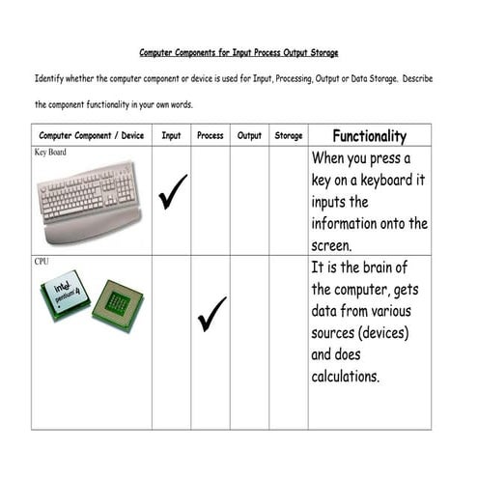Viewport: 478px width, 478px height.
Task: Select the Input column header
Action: [171, 136]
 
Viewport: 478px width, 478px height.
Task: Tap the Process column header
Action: [210, 136]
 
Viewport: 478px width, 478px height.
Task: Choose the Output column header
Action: [249, 136]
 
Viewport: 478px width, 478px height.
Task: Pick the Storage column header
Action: [288, 136]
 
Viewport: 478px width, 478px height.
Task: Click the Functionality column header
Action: [369, 136]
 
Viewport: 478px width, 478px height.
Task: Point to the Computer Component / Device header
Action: [92, 136]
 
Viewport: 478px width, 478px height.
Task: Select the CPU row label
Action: [42, 261]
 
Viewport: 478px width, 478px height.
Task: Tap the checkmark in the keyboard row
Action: [172, 192]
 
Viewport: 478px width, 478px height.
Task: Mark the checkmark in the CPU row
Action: [211, 314]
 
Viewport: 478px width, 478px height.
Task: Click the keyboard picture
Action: [90, 201]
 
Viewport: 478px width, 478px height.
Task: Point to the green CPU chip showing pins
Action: [118, 305]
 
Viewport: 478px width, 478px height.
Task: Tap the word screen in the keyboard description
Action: [334, 245]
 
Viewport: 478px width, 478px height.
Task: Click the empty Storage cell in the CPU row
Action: [288, 342]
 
